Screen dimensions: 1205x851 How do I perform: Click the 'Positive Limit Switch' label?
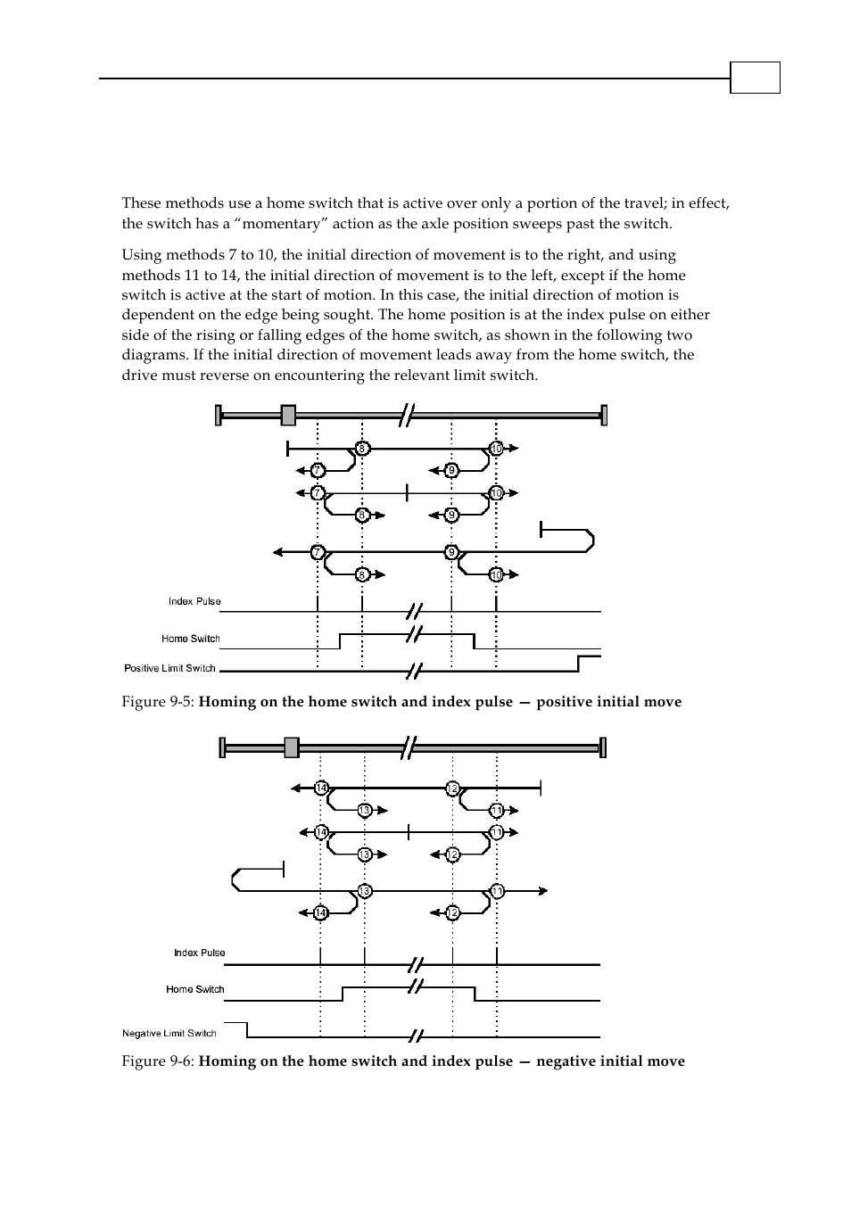click(169, 668)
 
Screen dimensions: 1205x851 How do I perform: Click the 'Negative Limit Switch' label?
click(169, 1033)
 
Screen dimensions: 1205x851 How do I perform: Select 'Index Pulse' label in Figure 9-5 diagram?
click(194, 601)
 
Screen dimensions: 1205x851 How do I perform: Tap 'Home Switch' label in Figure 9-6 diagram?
click(195, 989)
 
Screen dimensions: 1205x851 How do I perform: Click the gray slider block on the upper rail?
click(288, 415)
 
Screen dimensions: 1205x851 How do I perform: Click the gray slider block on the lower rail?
click(292, 747)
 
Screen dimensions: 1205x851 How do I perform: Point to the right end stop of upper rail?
click(604, 415)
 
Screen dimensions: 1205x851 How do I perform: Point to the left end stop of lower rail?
click(223, 747)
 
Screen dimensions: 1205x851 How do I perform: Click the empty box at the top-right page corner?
click(755, 78)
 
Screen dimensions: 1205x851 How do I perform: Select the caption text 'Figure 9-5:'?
click(158, 702)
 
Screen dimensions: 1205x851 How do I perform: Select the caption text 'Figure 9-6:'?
click(158, 1061)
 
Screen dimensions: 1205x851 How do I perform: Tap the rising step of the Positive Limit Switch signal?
click(580, 664)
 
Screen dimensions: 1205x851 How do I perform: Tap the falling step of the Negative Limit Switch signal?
click(247, 1029)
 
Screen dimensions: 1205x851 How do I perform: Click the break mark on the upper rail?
click(407, 415)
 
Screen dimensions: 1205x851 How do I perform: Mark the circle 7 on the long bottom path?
click(318, 552)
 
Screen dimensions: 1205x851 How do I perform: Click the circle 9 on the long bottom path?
click(452, 552)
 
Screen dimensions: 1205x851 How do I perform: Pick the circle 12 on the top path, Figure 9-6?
click(452, 788)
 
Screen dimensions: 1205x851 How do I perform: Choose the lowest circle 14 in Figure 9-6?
click(320, 912)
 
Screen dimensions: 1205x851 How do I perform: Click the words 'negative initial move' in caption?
click(610, 1061)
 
